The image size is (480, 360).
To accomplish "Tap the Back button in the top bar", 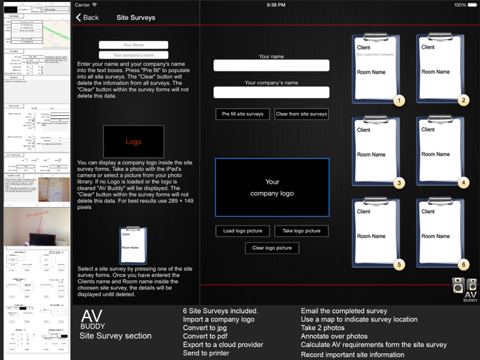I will click(87, 17).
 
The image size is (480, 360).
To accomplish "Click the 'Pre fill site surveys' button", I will click(243, 114).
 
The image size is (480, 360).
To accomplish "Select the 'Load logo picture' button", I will click(243, 231).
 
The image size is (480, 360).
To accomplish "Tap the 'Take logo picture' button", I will click(301, 231).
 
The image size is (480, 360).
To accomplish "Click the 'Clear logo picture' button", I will click(272, 248).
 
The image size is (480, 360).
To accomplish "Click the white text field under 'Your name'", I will click(272, 66).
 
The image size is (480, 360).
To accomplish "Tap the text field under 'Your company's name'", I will click(272, 92).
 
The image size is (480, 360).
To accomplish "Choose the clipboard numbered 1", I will click(377, 69).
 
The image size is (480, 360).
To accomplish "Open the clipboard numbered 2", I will click(441, 69).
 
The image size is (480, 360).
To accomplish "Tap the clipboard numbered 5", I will click(377, 233).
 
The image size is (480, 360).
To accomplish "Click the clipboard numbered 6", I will click(441, 233).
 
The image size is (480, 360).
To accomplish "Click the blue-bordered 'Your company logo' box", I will click(272, 187).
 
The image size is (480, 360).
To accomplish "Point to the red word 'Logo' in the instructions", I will click(133, 142).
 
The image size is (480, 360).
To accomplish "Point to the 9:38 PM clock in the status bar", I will click(276, 5).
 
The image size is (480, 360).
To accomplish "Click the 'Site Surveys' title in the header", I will click(136, 17).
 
